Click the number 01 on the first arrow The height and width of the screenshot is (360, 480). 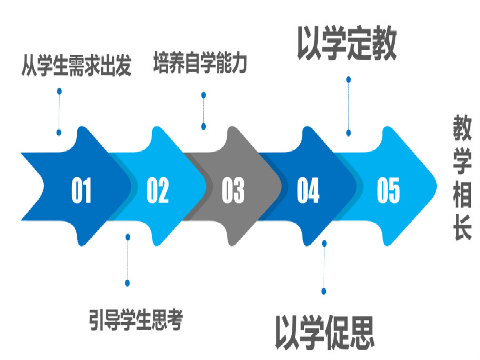click(81, 190)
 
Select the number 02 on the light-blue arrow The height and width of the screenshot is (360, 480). click(157, 190)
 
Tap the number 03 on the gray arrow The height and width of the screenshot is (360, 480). click(233, 190)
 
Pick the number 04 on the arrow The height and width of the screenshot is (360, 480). click(308, 190)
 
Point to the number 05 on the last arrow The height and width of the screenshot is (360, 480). click(388, 190)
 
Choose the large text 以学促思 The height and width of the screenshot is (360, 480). click(324, 332)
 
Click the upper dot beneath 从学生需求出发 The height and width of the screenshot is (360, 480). click(59, 91)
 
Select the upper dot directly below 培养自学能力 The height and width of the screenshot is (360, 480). click(203, 95)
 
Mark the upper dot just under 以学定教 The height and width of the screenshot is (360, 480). click(348, 79)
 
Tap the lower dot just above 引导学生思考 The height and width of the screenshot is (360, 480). click(127, 283)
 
